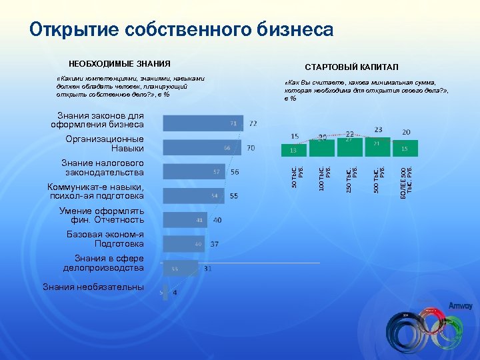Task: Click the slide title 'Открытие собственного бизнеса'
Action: [181, 30]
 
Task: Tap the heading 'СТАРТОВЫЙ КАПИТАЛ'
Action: [351, 68]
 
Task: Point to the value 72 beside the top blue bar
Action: [253, 123]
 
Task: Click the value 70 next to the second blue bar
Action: [251, 147]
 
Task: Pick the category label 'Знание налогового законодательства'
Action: [102, 168]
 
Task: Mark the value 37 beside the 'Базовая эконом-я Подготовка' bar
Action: [215, 244]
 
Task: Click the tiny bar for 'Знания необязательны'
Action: [165, 292]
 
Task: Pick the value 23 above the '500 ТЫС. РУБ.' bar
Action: [378, 129]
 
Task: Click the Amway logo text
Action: [460, 306]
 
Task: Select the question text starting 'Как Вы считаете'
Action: [365, 90]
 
